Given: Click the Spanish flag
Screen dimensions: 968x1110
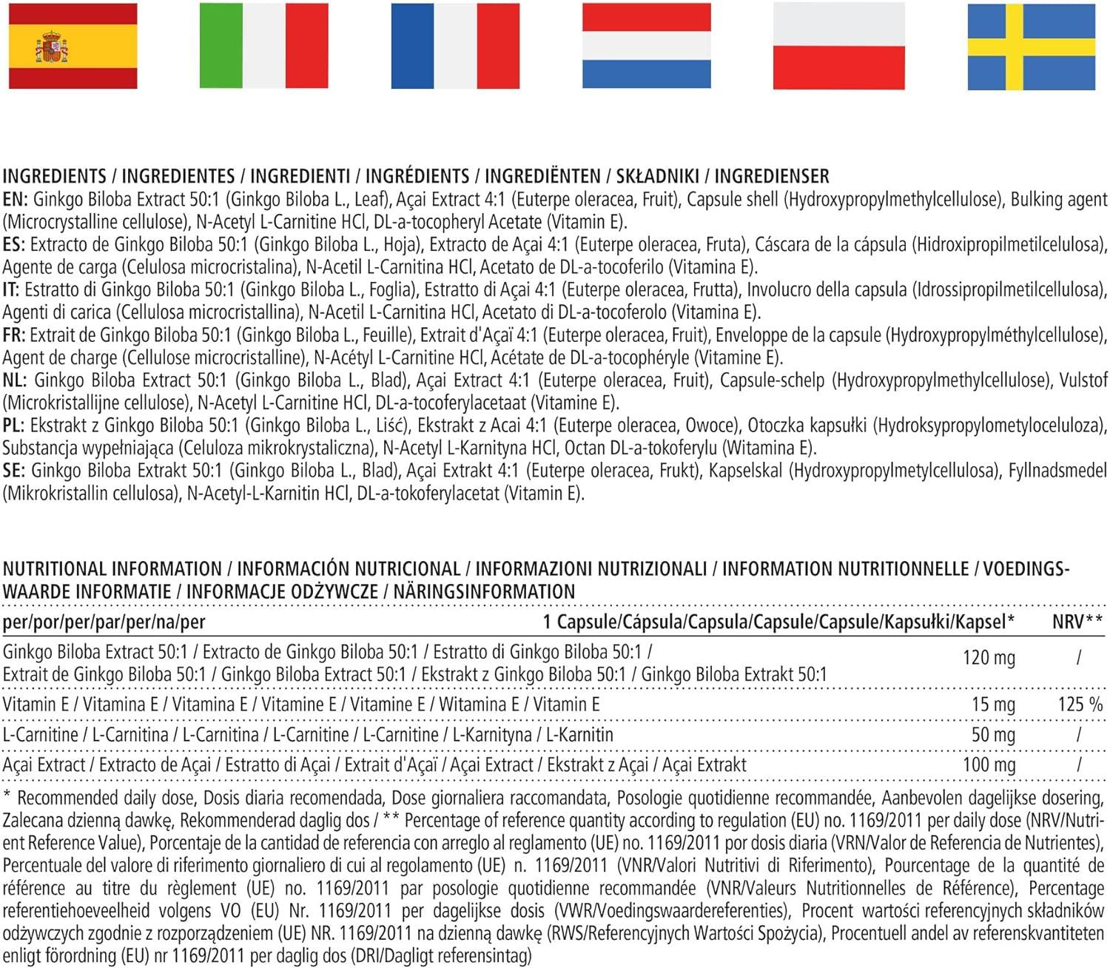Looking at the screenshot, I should click(73, 46).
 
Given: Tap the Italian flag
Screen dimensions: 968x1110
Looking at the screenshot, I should click(263, 46).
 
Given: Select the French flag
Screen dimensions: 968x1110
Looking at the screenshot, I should click(455, 46).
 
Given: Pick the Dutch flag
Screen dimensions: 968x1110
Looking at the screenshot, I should click(647, 46).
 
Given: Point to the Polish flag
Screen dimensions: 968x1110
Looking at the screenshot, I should click(838, 46).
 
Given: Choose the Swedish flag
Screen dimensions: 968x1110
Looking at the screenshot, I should click(1031, 46).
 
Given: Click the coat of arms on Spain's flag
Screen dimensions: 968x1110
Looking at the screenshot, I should click(51, 47).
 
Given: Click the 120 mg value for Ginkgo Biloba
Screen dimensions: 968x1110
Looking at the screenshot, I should click(989, 657).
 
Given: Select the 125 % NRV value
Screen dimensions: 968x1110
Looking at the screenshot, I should click(1080, 705).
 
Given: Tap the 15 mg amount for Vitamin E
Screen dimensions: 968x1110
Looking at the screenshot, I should click(993, 705).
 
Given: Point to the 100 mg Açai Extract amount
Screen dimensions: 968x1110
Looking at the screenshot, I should click(989, 765).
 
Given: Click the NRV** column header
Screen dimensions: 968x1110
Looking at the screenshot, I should click(1077, 622).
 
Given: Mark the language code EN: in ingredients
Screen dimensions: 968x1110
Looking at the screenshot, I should click(15, 199).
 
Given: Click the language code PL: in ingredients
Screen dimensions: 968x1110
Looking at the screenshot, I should click(14, 426).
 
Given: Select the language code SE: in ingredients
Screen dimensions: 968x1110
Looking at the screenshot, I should click(14, 471).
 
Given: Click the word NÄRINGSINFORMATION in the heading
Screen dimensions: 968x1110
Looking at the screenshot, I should click(484, 592).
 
